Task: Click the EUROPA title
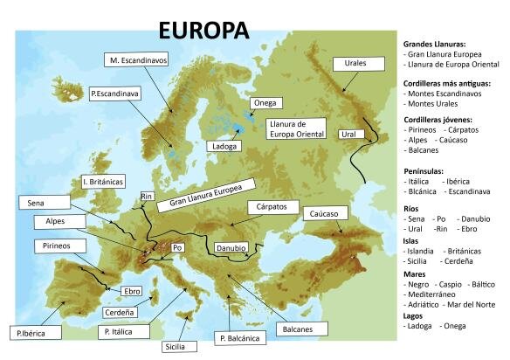203,30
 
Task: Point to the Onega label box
263,103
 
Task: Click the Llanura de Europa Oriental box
297,130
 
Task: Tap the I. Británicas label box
102,182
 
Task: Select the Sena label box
36,203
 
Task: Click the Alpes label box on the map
49,222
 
